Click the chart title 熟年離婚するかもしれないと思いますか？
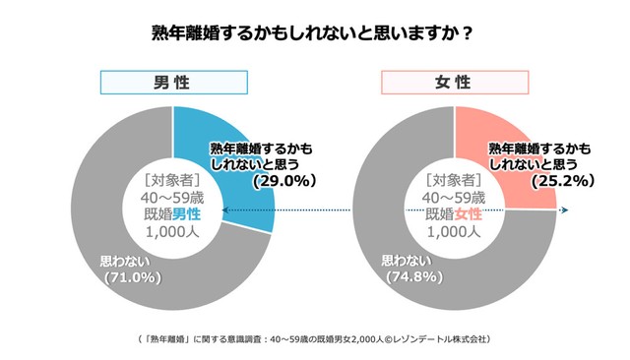(x=315, y=32)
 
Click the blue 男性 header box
(x=172, y=82)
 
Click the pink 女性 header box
(x=456, y=82)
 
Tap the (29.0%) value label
(x=283, y=181)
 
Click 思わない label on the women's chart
(x=407, y=262)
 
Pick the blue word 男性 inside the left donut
(x=187, y=213)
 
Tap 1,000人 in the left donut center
(x=172, y=232)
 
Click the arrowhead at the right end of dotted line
(x=564, y=210)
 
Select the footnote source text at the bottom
(x=315, y=339)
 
